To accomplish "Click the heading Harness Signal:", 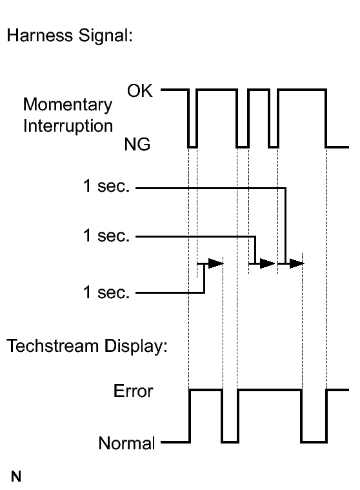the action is [x=70, y=36].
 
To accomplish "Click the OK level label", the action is [x=139, y=91].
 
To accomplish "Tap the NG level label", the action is [x=137, y=145].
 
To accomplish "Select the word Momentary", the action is [x=68, y=105].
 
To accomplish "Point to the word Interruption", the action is [x=68, y=126].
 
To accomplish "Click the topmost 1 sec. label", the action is [x=106, y=186].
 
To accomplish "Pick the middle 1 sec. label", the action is [x=106, y=235].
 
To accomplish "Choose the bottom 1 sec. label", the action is [x=106, y=292].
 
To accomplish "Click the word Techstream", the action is [x=52, y=346].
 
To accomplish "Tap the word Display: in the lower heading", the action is [x=136, y=347].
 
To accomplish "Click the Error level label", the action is [x=134, y=391].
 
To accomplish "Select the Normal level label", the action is [x=126, y=443].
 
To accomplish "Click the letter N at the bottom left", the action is [x=16, y=476].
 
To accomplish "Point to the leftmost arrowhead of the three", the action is [x=215, y=263].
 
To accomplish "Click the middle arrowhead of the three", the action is [x=267, y=263].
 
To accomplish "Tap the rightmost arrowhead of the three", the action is [x=297, y=263].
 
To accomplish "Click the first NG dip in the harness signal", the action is [x=193, y=147].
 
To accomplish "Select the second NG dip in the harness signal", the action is [x=243, y=147].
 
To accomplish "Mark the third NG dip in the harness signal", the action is [x=273, y=147].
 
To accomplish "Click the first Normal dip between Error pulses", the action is [x=230, y=442].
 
